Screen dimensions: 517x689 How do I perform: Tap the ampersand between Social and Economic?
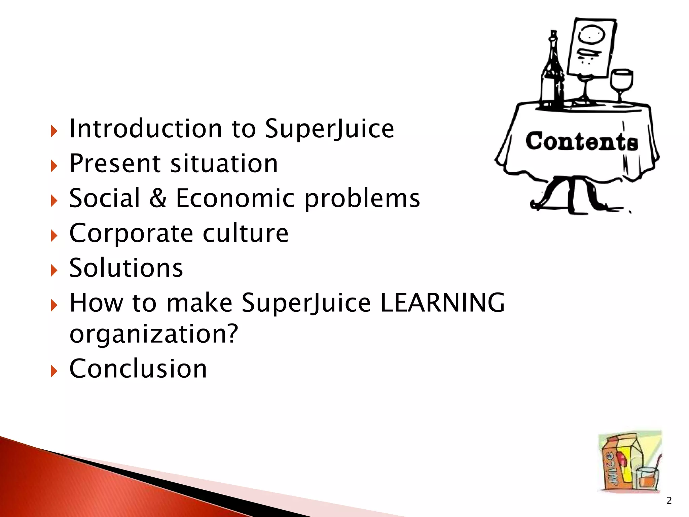tap(157, 198)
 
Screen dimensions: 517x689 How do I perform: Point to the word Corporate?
tap(131, 233)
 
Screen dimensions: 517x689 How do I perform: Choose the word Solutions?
tap(126, 268)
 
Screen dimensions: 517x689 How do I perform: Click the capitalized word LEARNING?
tap(442, 303)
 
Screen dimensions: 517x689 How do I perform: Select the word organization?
tap(154, 334)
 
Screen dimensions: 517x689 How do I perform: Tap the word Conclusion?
tap(138, 369)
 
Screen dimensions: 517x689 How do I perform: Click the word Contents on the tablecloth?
tap(581, 141)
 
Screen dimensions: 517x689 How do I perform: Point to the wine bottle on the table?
tap(552, 71)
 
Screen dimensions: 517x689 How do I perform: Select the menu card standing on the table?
tap(591, 47)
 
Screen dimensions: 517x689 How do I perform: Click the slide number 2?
tap(669, 501)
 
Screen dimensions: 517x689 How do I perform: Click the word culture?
tap(246, 233)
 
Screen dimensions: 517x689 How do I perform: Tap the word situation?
tap(224, 164)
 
